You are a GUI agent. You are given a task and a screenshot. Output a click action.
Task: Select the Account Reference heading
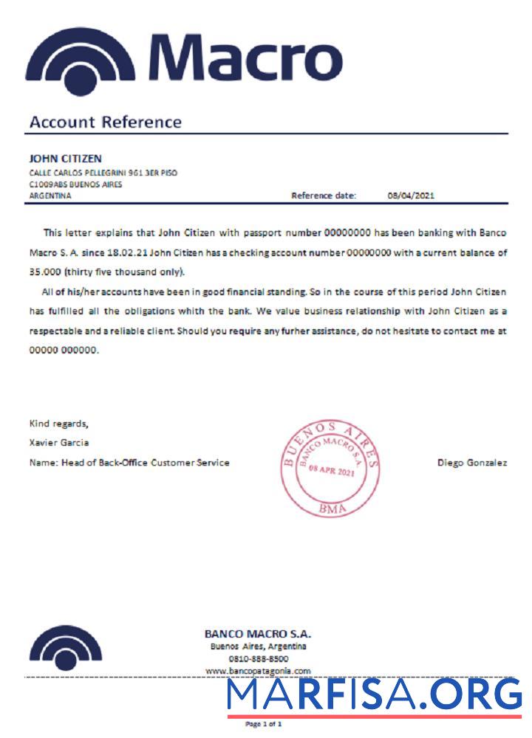(x=105, y=122)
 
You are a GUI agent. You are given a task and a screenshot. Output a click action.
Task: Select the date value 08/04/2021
(x=411, y=196)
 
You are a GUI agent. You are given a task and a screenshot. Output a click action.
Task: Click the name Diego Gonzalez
(x=472, y=463)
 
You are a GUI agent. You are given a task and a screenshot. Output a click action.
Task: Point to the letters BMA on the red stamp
(x=330, y=508)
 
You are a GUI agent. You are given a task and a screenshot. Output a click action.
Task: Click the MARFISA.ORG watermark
(x=374, y=695)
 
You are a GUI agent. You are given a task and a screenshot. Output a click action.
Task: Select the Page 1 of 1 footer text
(x=264, y=725)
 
